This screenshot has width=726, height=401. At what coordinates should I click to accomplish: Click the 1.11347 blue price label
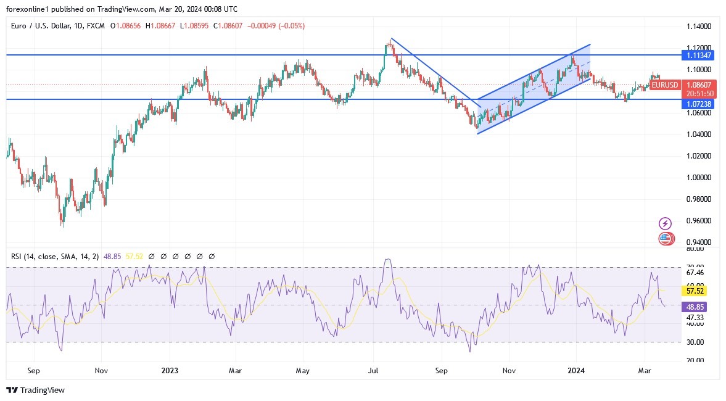coord(699,55)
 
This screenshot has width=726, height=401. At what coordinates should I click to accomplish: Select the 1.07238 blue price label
coord(699,104)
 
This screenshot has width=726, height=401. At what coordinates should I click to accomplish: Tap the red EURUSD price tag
coord(665,85)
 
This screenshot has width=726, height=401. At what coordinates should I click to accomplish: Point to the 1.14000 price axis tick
coord(699,27)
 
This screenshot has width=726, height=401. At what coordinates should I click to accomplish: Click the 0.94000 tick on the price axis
coord(699,242)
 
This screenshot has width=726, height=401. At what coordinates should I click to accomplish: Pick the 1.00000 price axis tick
coord(699,178)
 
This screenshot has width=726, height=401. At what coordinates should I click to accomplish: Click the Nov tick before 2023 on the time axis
coord(102,371)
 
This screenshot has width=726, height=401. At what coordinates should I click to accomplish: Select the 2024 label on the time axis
coord(576,371)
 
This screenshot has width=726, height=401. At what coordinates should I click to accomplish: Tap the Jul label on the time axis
coord(373,371)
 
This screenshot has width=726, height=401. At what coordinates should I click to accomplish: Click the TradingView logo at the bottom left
coord(35,390)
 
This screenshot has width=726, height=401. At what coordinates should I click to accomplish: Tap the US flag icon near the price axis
coord(665,239)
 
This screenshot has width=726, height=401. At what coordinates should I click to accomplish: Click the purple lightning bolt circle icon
coord(665,223)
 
